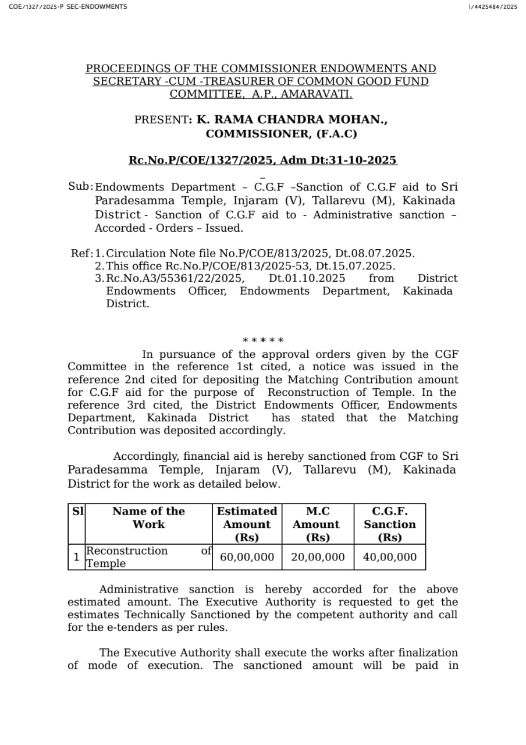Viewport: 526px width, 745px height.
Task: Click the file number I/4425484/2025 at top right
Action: point(492,6)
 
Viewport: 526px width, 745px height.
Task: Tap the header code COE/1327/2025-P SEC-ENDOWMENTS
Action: point(68,6)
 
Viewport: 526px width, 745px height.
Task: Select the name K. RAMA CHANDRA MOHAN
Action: point(292,120)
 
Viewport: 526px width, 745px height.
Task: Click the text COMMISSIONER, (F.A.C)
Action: point(281,134)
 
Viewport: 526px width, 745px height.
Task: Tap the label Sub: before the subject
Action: point(80,186)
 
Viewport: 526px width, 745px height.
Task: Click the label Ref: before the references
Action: point(81,253)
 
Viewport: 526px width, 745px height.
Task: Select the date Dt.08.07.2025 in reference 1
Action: point(377,253)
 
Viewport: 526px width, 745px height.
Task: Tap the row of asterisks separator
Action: point(263,340)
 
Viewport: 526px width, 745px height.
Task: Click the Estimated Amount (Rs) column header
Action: point(247,524)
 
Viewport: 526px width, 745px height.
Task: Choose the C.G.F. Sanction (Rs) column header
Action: point(390,524)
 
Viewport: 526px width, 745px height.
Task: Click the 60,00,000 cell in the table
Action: point(247,557)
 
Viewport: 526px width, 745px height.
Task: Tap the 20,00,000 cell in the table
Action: point(318,557)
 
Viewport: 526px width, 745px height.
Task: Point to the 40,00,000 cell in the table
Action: point(390,557)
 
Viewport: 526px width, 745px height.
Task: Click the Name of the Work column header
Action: point(148,517)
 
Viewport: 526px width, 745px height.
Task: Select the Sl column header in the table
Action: point(77,512)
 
